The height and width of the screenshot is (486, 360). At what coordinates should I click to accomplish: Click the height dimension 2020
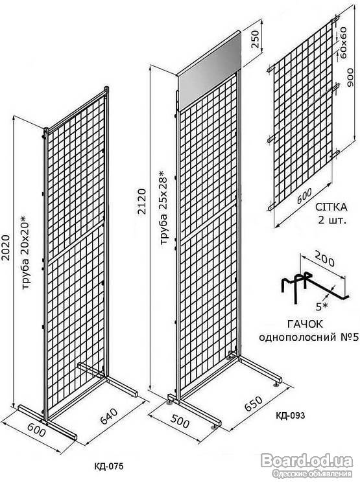pos(6,250)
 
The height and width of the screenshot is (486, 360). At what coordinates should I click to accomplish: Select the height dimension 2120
pos(141,201)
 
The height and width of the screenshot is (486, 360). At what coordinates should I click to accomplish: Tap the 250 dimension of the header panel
pos(255,39)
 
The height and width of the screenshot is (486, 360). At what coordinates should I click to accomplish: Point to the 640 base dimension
pos(109,416)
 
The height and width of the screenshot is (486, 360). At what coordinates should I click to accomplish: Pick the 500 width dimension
pos(180,421)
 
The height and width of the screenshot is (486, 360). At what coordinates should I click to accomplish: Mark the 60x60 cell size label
pos(343,43)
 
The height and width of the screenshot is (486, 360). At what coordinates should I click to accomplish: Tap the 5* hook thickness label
pos(322,307)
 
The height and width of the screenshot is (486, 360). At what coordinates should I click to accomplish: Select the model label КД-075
pos(108,465)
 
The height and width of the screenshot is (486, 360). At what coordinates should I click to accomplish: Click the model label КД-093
pos(291,415)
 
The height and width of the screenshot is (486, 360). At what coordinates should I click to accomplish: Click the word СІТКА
pos(331,207)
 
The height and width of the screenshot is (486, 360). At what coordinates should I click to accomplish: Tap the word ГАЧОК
pos(305,324)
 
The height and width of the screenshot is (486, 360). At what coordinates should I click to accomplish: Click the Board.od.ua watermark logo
pos(307,465)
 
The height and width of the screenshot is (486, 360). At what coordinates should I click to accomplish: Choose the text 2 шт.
pos(331,220)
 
